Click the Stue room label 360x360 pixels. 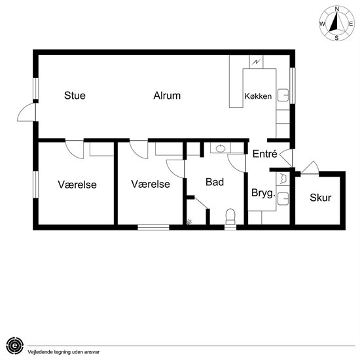(x=75, y=96)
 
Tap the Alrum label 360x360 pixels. (x=167, y=96)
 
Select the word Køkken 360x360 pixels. (x=258, y=96)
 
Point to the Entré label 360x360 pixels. (x=265, y=154)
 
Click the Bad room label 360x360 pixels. (x=215, y=182)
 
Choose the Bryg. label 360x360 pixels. (x=263, y=193)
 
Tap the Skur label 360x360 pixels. (x=321, y=198)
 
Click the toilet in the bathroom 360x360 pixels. (x=230, y=217)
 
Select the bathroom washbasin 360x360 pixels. (x=221, y=149)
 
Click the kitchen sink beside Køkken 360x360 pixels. (x=283, y=95)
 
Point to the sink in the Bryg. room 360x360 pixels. (x=283, y=198)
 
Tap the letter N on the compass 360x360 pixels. (x=337, y=9)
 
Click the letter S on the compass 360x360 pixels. (x=336, y=38)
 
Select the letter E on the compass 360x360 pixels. (x=351, y=24)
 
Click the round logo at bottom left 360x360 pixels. (x=14, y=346)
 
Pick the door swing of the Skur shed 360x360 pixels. (x=310, y=168)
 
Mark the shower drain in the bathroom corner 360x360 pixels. (x=189, y=222)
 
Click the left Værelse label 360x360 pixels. (x=77, y=185)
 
